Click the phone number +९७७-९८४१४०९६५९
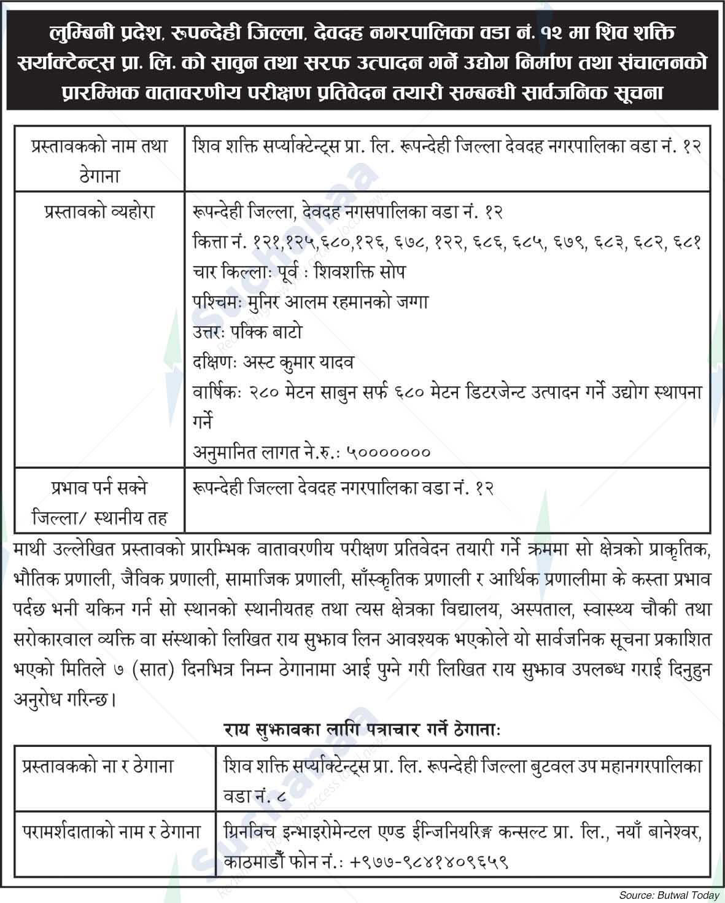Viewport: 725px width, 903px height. (x=429, y=862)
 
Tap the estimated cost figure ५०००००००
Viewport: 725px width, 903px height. (x=388, y=453)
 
